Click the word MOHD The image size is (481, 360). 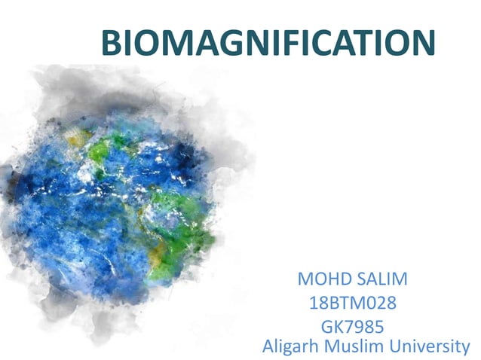pos(322,280)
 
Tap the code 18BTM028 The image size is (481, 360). pos(353,305)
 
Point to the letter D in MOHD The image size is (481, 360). pos(340,280)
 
